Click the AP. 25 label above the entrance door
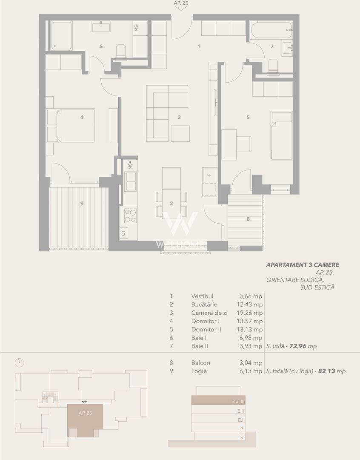point(181,3)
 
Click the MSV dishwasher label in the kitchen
point(129,164)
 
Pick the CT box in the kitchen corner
point(123,233)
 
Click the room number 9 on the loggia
point(82,204)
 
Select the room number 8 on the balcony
point(248,219)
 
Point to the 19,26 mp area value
point(251,313)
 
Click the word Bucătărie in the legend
point(204,305)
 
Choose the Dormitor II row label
point(206,330)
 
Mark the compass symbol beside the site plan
point(19,362)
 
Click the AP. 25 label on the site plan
point(85,413)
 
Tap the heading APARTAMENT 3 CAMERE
point(303,265)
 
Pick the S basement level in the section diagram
point(242,437)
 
